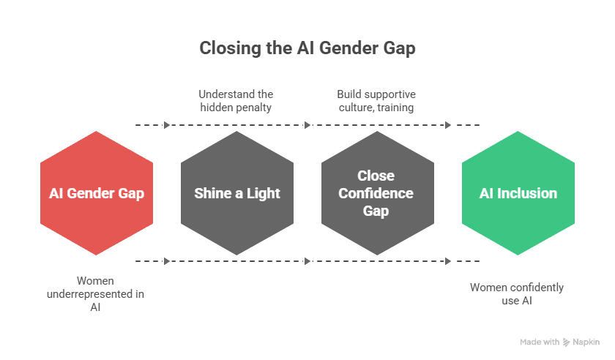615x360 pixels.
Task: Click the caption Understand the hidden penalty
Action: [236, 101]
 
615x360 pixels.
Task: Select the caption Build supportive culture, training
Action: [376, 101]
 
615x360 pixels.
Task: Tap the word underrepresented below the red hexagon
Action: [96, 294]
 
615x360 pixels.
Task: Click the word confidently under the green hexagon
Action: [535, 288]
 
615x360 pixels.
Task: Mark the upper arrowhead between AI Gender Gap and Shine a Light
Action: [167, 125]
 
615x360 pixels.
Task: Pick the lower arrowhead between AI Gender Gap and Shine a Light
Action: [167, 261]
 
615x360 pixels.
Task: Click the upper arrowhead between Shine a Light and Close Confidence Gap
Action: [307, 125]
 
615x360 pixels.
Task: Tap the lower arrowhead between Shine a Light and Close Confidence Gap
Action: [307, 261]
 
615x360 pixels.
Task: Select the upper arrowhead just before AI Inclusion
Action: [448, 125]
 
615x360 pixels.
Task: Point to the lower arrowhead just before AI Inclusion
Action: [448, 261]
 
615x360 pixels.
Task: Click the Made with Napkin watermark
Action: [559, 342]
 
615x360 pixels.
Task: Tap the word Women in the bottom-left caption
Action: [96, 280]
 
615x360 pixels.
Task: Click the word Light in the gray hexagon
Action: [264, 194]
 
